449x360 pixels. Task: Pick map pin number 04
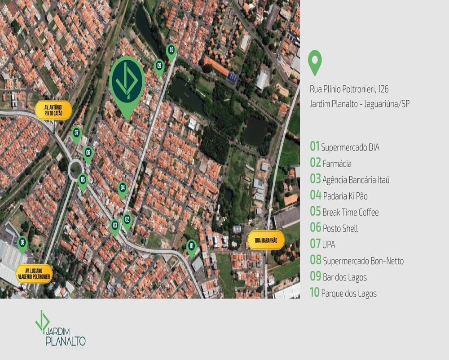[x=123, y=188]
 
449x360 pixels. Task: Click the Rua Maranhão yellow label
[x=266, y=240]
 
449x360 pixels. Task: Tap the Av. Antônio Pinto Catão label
[x=53, y=110]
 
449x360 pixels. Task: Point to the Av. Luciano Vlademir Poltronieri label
[x=35, y=273]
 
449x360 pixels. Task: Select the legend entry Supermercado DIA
[x=344, y=147]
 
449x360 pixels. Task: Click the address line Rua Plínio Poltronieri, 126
[x=349, y=89]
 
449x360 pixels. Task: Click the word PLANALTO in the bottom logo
[x=66, y=341]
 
